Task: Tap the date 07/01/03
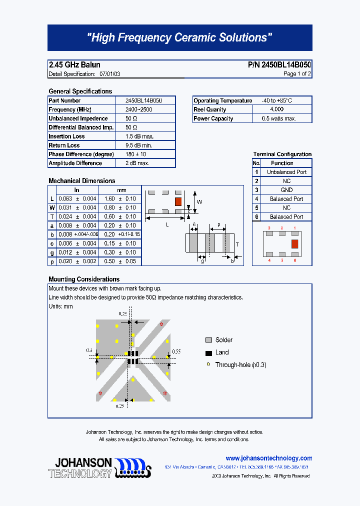click(x=109, y=74)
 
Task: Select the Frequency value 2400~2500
click(x=139, y=109)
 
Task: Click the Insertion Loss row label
click(x=66, y=136)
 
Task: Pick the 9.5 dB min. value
click(x=139, y=145)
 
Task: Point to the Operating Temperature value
click(x=276, y=100)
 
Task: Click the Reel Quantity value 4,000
click(x=276, y=109)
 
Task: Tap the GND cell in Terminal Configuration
click(x=286, y=190)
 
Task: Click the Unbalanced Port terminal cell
click(x=286, y=172)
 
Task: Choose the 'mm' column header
click(x=121, y=190)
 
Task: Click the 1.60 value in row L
click(x=109, y=199)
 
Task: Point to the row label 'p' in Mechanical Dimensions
click(x=52, y=261)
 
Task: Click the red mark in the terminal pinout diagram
click(x=294, y=243)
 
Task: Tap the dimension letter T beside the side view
click(x=237, y=244)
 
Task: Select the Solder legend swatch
click(x=209, y=340)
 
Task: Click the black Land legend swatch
click(x=209, y=352)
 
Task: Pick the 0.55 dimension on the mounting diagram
click(x=176, y=352)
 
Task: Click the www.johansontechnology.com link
click(x=269, y=458)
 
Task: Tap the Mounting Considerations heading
click(x=84, y=279)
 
